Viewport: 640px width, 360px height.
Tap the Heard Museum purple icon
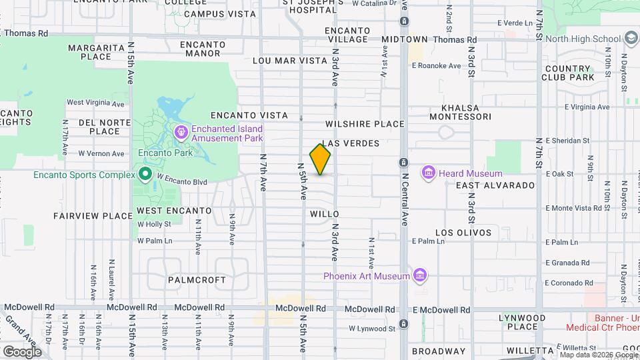(x=428, y=174)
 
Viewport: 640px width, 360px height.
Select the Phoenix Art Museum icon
(x=419, y=275)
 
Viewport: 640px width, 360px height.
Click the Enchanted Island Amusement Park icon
(x=181, y=133)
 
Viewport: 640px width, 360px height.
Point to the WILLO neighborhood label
(x=325, y=214)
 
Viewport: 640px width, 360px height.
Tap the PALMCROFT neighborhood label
(x=197, y=280)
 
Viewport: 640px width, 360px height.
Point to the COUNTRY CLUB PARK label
(x=569, y=73)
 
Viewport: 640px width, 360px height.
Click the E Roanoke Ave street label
(x=436, y=65)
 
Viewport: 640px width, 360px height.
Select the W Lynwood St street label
(x=373, y=328)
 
